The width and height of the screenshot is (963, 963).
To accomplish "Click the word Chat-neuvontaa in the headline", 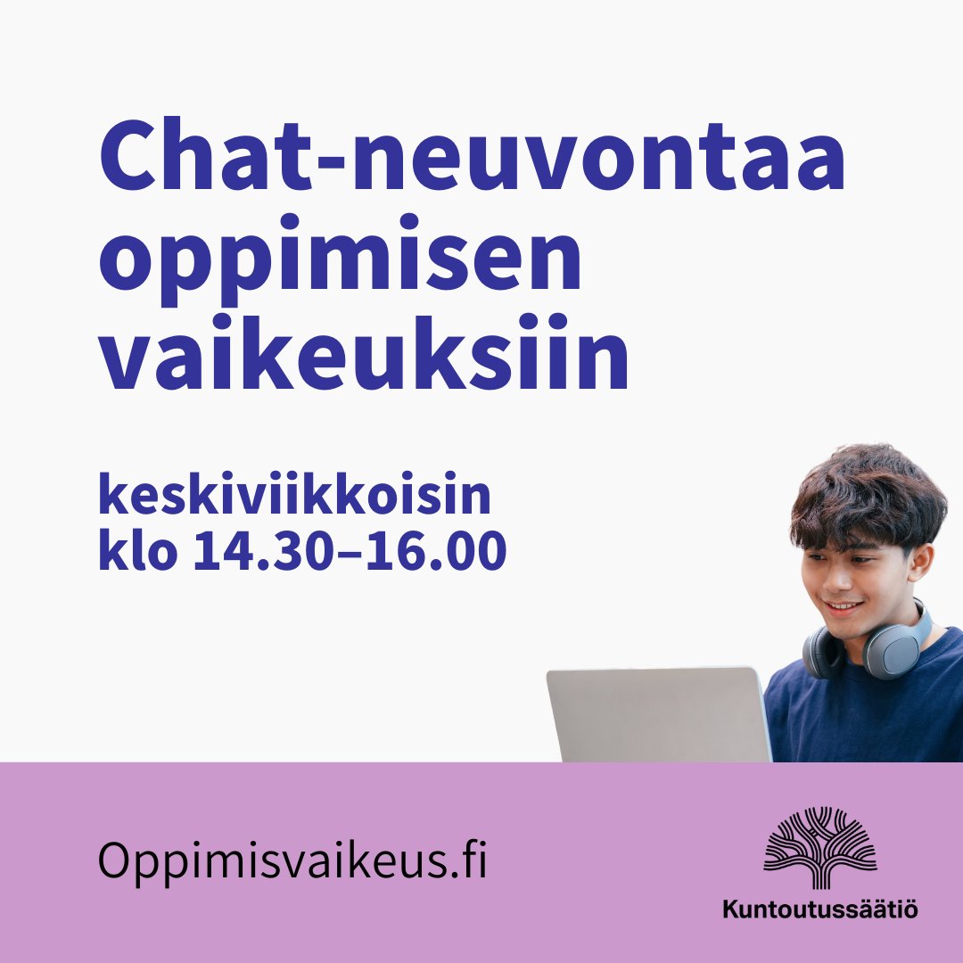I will click(471, 160).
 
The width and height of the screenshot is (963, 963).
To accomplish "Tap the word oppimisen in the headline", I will click(339, 263).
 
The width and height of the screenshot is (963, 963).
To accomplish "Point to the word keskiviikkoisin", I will click(294, 498).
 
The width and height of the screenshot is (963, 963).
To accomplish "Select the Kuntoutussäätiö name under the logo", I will click(820, 910).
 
